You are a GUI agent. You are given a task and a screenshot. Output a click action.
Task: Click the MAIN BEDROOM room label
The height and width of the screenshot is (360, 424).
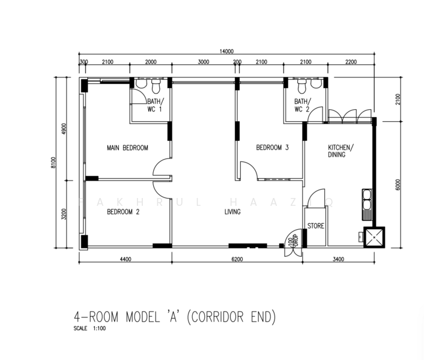(x=127, y=148)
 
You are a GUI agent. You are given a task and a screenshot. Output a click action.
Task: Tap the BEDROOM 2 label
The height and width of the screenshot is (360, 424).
(x=123, y=211)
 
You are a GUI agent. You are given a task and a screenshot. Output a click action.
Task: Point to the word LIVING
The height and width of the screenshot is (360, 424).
(x=232, y=212)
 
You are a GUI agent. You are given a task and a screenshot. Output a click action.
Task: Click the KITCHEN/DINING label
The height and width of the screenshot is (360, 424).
(x=341, y=151)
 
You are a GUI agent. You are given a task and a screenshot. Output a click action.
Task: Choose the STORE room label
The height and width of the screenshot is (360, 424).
(x=316, y=226)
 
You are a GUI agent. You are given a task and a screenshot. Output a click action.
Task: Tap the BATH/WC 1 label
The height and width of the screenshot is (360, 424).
(x=155, y=105)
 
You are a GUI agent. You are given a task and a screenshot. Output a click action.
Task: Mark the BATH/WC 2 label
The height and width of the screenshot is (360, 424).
(x=301, y=105)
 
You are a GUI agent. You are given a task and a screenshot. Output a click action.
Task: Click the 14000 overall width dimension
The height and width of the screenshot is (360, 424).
(x=226, y=52)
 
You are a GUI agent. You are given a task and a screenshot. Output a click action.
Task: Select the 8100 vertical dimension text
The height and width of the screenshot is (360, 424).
(x=53, y=163)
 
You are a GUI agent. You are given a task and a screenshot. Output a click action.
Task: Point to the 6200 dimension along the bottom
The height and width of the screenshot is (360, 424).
(x=237, y=259)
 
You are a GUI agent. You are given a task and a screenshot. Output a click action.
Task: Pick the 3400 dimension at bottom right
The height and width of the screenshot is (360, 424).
(x=339, y=259)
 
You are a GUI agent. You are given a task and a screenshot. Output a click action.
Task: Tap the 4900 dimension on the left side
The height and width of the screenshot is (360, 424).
(x=64, y=129)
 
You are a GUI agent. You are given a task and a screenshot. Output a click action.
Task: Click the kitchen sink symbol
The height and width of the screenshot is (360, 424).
(x=366, y=203)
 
